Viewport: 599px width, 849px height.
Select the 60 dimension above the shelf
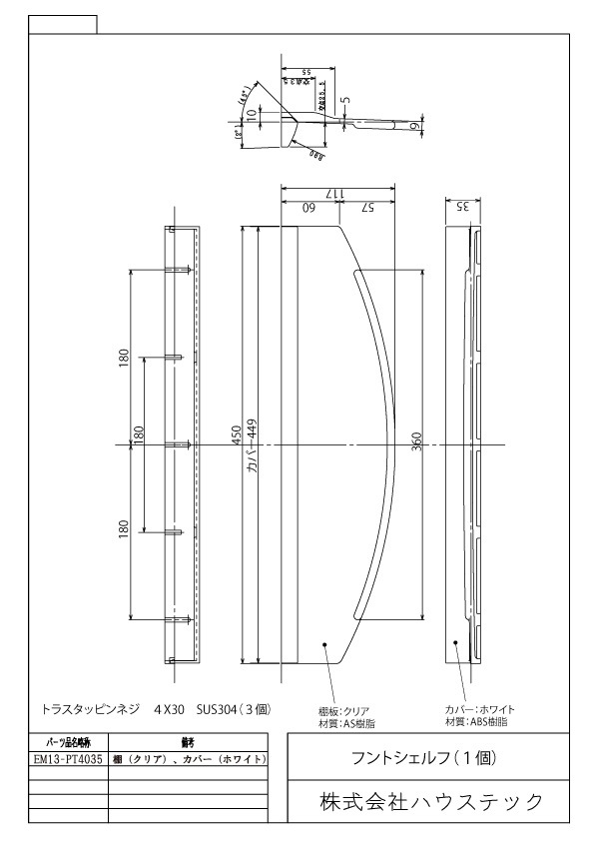coord(309,208)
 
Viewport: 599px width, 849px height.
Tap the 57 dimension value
coord(368,208)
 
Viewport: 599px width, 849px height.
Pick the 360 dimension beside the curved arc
coord(416,442)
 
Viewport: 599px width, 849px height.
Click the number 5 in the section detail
coord(346,100)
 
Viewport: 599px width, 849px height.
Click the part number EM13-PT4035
coord(68,760)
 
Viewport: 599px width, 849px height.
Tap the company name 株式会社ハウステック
coord(431,801)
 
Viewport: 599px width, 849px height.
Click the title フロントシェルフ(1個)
coord(430,757)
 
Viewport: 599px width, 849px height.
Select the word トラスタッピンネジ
coord(89,708)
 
